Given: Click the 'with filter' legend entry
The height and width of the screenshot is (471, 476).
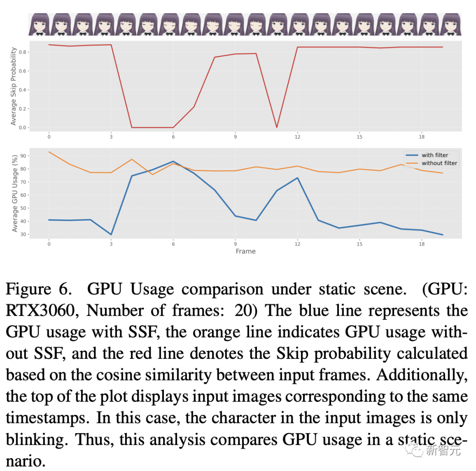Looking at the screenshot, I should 434,155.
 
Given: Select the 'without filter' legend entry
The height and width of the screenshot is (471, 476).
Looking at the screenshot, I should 439,163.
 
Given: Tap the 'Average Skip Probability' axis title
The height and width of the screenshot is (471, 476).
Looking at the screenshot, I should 13,86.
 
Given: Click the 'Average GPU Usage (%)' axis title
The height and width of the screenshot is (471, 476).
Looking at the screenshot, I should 15,193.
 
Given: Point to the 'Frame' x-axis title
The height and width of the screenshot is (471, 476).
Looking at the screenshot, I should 245,251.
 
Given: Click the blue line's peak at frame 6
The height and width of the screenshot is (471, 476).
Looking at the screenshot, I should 173,161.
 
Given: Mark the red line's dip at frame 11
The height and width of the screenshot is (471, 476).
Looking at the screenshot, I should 277,128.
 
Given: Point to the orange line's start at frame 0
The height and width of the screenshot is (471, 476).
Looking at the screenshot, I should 49,152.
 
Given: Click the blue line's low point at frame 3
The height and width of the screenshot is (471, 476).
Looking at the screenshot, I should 111,234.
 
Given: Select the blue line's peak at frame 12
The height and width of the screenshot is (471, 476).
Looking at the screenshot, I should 297,178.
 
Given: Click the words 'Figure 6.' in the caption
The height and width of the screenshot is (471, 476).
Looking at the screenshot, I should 38,290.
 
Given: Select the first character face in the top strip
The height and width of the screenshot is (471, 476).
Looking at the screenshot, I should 39,24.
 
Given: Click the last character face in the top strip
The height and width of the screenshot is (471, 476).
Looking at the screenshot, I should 451,24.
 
